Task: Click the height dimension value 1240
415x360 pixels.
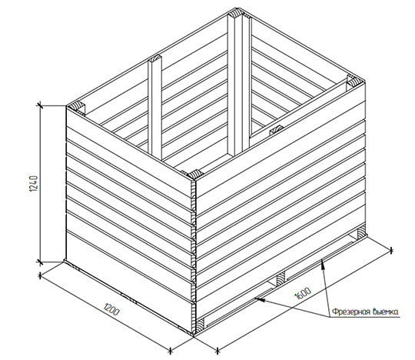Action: (34, 183)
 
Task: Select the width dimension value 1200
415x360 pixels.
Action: (111, 310)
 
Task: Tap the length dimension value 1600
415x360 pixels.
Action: (303, 293)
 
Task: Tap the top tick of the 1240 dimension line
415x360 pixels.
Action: (40, 105)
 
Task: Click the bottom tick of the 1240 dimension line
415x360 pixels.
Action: (40, 262)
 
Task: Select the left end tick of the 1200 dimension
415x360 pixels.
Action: (40, 275)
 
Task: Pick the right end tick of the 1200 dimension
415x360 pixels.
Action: (171, 350)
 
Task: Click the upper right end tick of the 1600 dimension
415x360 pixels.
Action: (392, 250)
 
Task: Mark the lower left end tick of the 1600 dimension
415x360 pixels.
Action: (217, 350)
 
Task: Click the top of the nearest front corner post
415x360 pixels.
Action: (195, 175)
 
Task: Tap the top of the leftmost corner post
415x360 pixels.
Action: (77, 106)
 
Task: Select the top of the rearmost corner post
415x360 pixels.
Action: (237, 14)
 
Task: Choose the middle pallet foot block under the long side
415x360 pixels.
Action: (281, 278)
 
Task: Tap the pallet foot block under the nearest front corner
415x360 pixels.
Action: (200, 325)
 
